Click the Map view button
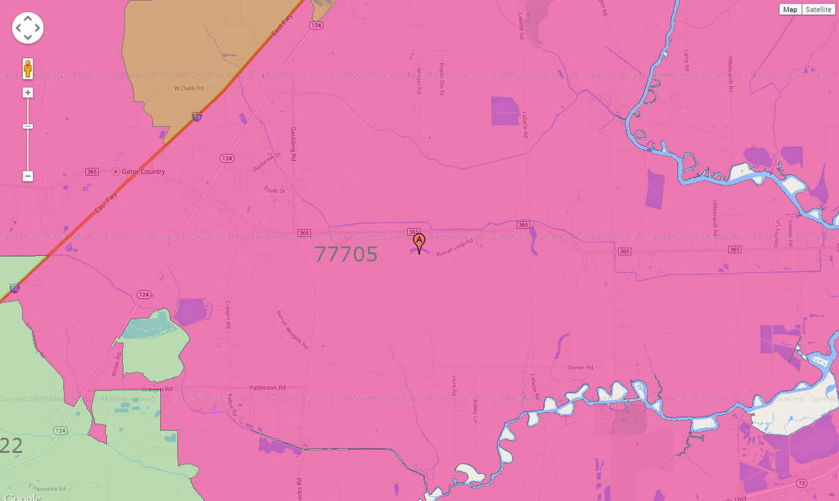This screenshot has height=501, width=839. (790, 9)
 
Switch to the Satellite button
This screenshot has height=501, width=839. (817, 9)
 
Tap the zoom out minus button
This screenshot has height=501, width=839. (28, 176)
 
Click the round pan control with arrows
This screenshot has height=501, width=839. (28, 28)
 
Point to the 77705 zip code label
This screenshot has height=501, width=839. (346, 254)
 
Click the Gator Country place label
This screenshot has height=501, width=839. (143, 171)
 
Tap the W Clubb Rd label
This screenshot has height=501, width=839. (188, 89)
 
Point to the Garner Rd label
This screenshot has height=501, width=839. (580, 367)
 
